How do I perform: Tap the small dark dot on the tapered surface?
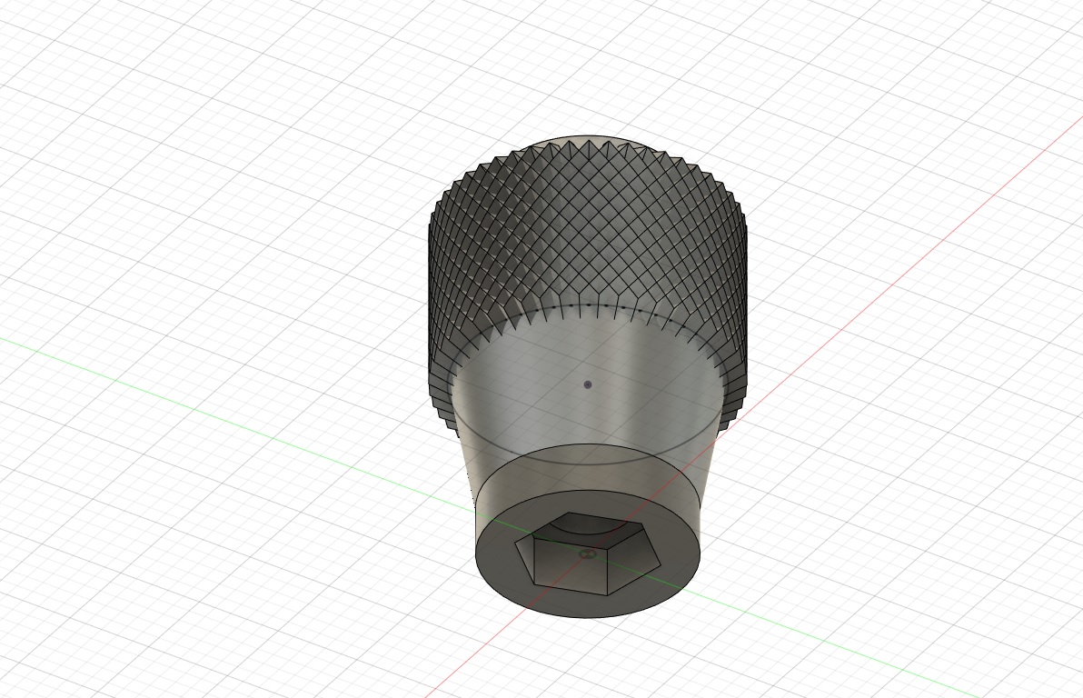tap(588, 384)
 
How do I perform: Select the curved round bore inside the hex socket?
tap(586, 521)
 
